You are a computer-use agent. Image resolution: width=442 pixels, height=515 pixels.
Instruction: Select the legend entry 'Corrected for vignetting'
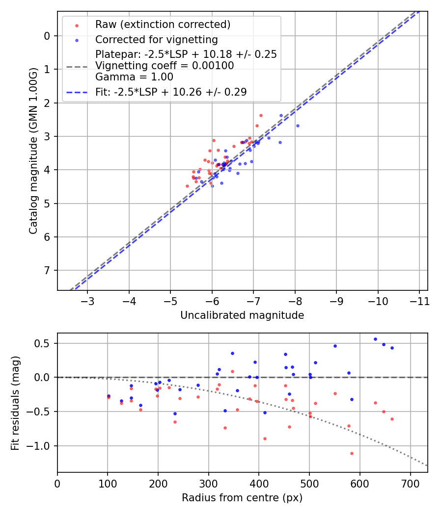tap(156, 39)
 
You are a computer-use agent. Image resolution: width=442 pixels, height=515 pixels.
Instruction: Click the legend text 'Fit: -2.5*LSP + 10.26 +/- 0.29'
tap(170, 92)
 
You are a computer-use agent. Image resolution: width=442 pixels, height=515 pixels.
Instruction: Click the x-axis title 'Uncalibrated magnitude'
tap(242, 315)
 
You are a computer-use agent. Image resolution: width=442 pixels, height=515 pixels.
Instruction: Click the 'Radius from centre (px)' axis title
tap(242, 498)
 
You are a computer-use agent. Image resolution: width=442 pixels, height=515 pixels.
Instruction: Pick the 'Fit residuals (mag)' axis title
tap(15, 402)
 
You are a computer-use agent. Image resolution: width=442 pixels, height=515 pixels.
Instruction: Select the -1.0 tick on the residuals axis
tap(42, 446)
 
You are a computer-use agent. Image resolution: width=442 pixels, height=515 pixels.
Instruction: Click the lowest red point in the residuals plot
tap(352, 453)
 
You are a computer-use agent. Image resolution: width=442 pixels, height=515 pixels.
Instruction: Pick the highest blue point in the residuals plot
tap(375, 339)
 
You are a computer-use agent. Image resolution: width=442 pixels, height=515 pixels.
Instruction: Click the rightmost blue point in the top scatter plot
tap(298, 126)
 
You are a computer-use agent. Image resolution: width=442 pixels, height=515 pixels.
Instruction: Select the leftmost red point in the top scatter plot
tap(187, 186)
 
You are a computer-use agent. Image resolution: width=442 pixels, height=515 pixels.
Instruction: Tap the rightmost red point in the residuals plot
tap(392, 419)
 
